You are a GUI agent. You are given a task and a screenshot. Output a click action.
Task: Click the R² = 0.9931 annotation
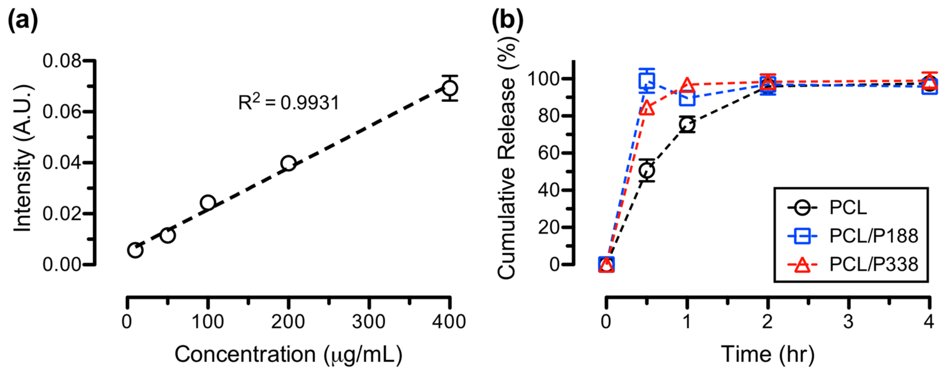click(x=289, y=102)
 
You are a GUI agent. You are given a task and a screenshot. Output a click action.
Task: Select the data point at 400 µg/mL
click(x=450, y=88)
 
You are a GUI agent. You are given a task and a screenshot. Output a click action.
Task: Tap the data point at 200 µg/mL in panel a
click(x=288, y=163)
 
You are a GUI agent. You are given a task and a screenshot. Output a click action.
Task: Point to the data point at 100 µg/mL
click(x=208, y=202)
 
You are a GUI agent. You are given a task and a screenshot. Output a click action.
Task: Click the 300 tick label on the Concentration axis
click(x=368, y=322)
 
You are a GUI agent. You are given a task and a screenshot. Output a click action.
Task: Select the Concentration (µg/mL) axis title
click(x=288, y=355)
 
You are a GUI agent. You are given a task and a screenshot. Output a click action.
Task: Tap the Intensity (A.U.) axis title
click(x=23, y=158)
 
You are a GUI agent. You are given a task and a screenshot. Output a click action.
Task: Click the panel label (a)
click(x=23, y=20)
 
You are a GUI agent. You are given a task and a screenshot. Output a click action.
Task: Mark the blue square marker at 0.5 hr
click(x=647, y=80)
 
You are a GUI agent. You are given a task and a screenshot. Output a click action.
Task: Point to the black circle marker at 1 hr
click(x=687, y=124)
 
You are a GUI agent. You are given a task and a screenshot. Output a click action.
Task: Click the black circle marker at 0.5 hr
click(x=647, y=171)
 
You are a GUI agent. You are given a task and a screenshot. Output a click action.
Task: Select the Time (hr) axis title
click(x=768, y=355)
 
